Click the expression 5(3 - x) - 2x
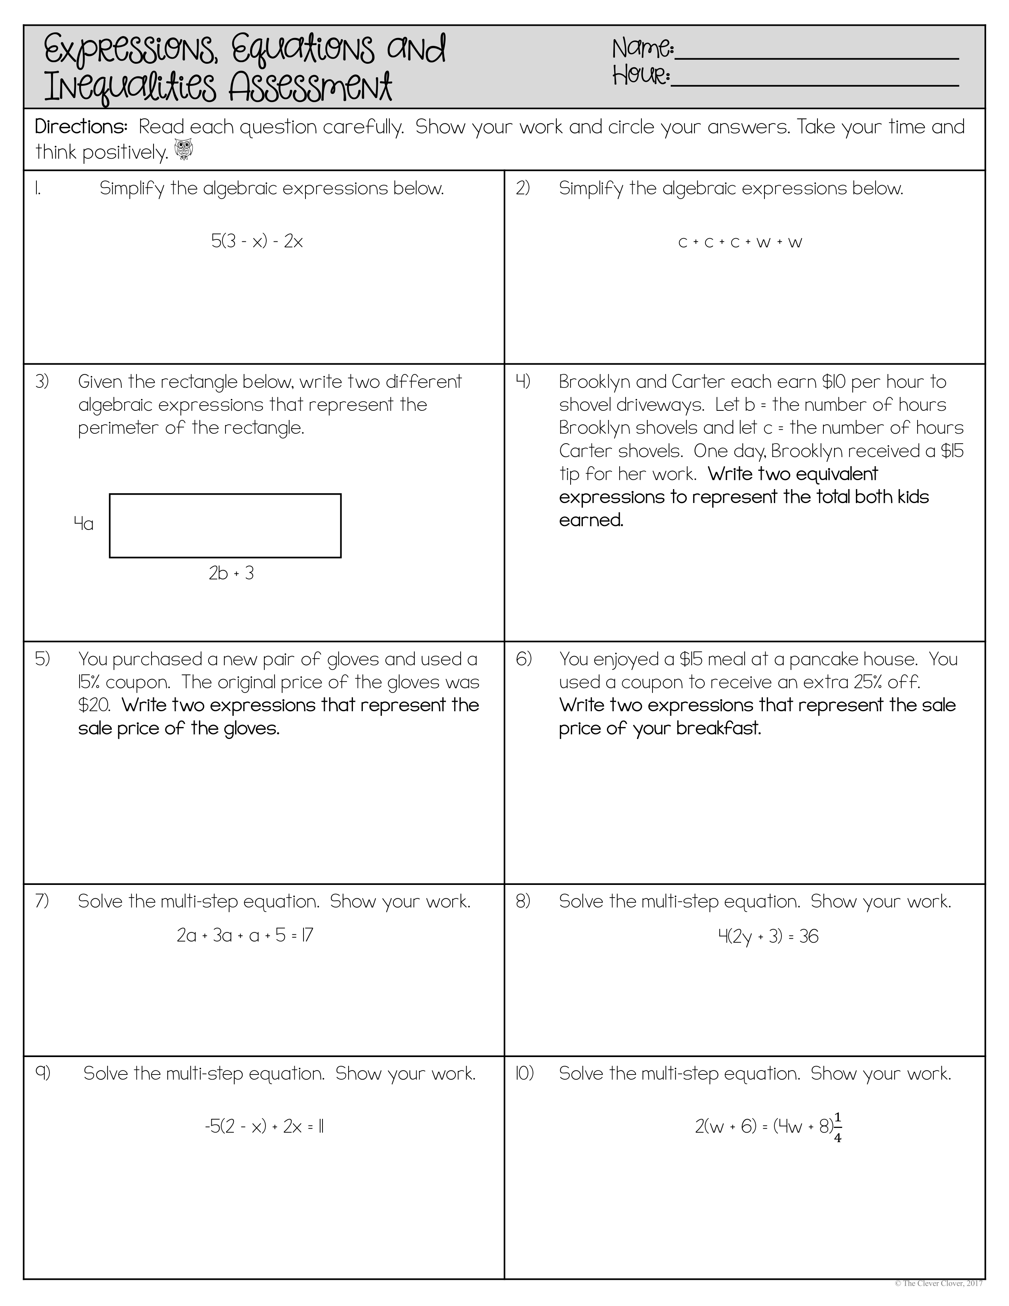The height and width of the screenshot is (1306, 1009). (257, 241)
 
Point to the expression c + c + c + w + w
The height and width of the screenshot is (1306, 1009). (740, 243)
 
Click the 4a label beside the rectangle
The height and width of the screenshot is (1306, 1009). (83, 524)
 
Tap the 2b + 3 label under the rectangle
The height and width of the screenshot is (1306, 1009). (231, 573)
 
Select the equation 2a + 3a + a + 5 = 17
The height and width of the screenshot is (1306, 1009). (245, 935)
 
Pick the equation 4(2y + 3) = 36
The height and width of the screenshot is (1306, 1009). (768, 936)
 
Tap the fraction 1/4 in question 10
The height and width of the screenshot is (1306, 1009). (837, 1127)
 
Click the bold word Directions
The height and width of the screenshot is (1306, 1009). (81, 127)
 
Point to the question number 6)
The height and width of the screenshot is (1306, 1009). (523, 659)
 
